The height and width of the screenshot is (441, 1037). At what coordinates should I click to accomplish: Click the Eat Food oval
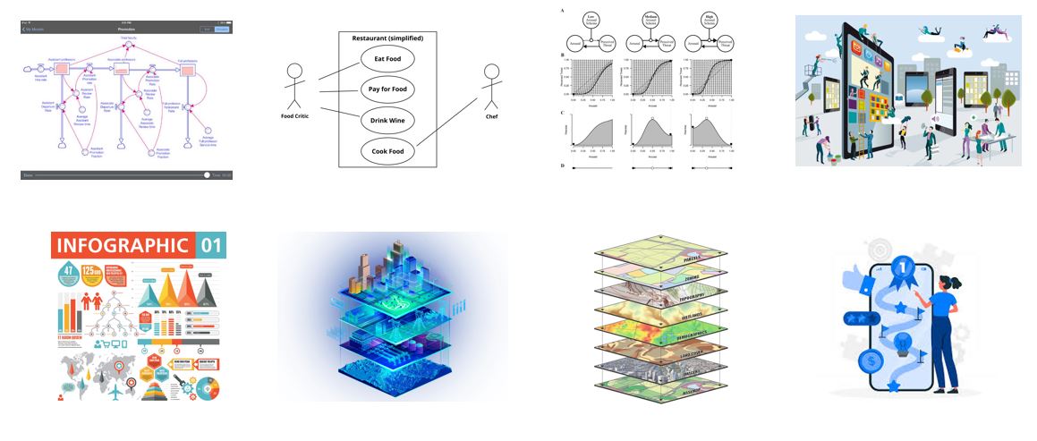pos(387,59)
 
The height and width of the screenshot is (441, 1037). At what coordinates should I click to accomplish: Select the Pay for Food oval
pos(387,89)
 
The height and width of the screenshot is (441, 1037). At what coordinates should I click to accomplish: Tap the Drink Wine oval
pos(387,119)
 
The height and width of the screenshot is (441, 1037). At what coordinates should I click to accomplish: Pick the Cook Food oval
pos(387,151)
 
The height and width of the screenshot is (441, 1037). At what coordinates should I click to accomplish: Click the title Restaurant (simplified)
pos(387,38)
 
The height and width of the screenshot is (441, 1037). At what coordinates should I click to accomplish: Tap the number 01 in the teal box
pos(211,245)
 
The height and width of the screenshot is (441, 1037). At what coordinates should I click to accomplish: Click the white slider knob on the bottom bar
pos(207,175)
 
